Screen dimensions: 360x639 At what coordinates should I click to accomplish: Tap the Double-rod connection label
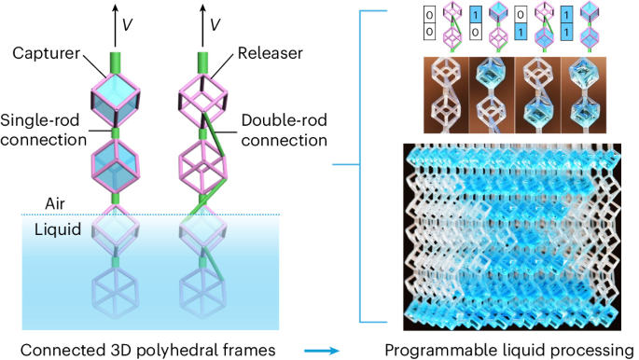(284, 132)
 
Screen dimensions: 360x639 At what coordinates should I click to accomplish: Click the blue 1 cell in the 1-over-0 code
(478, 16)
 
